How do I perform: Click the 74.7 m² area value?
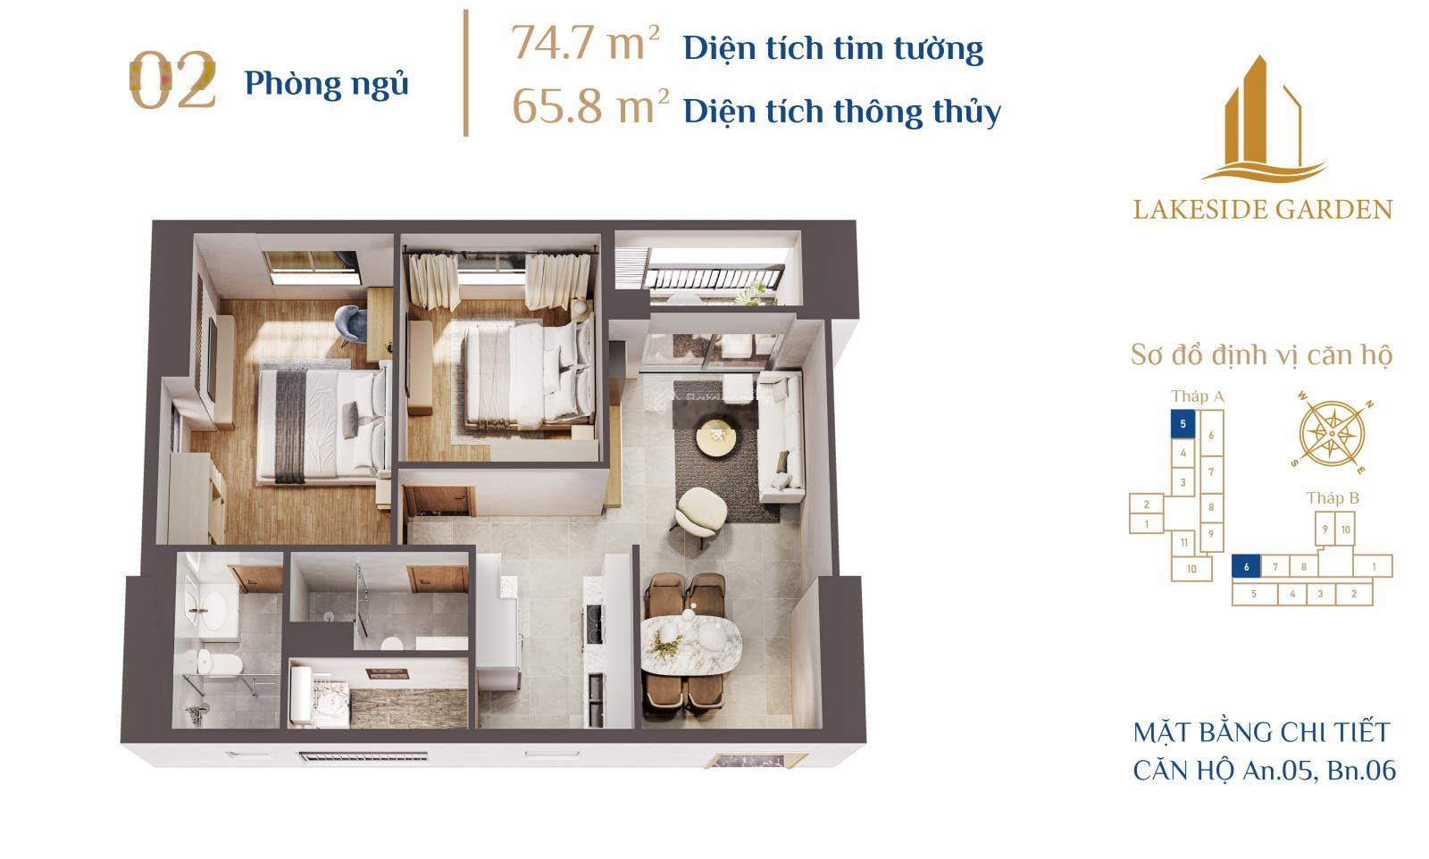coord(586,44)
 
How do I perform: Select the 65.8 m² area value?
coord(590,106)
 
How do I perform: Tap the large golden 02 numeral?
coord(172,80)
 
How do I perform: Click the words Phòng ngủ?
coord(327,84)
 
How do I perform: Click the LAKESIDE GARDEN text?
coord(1263,210)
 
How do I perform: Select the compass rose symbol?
coord(1332,434)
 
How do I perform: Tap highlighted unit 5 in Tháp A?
coord(1182,424)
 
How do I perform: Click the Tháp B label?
coord(1333,498)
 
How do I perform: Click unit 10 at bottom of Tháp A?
coord(1191,569)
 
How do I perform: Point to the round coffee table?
coord(718,437)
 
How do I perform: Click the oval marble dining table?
coord(691,637)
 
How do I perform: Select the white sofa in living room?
coord(781,438)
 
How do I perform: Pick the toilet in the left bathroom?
coord(219,663)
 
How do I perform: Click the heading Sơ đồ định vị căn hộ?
coord(1261,354)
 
